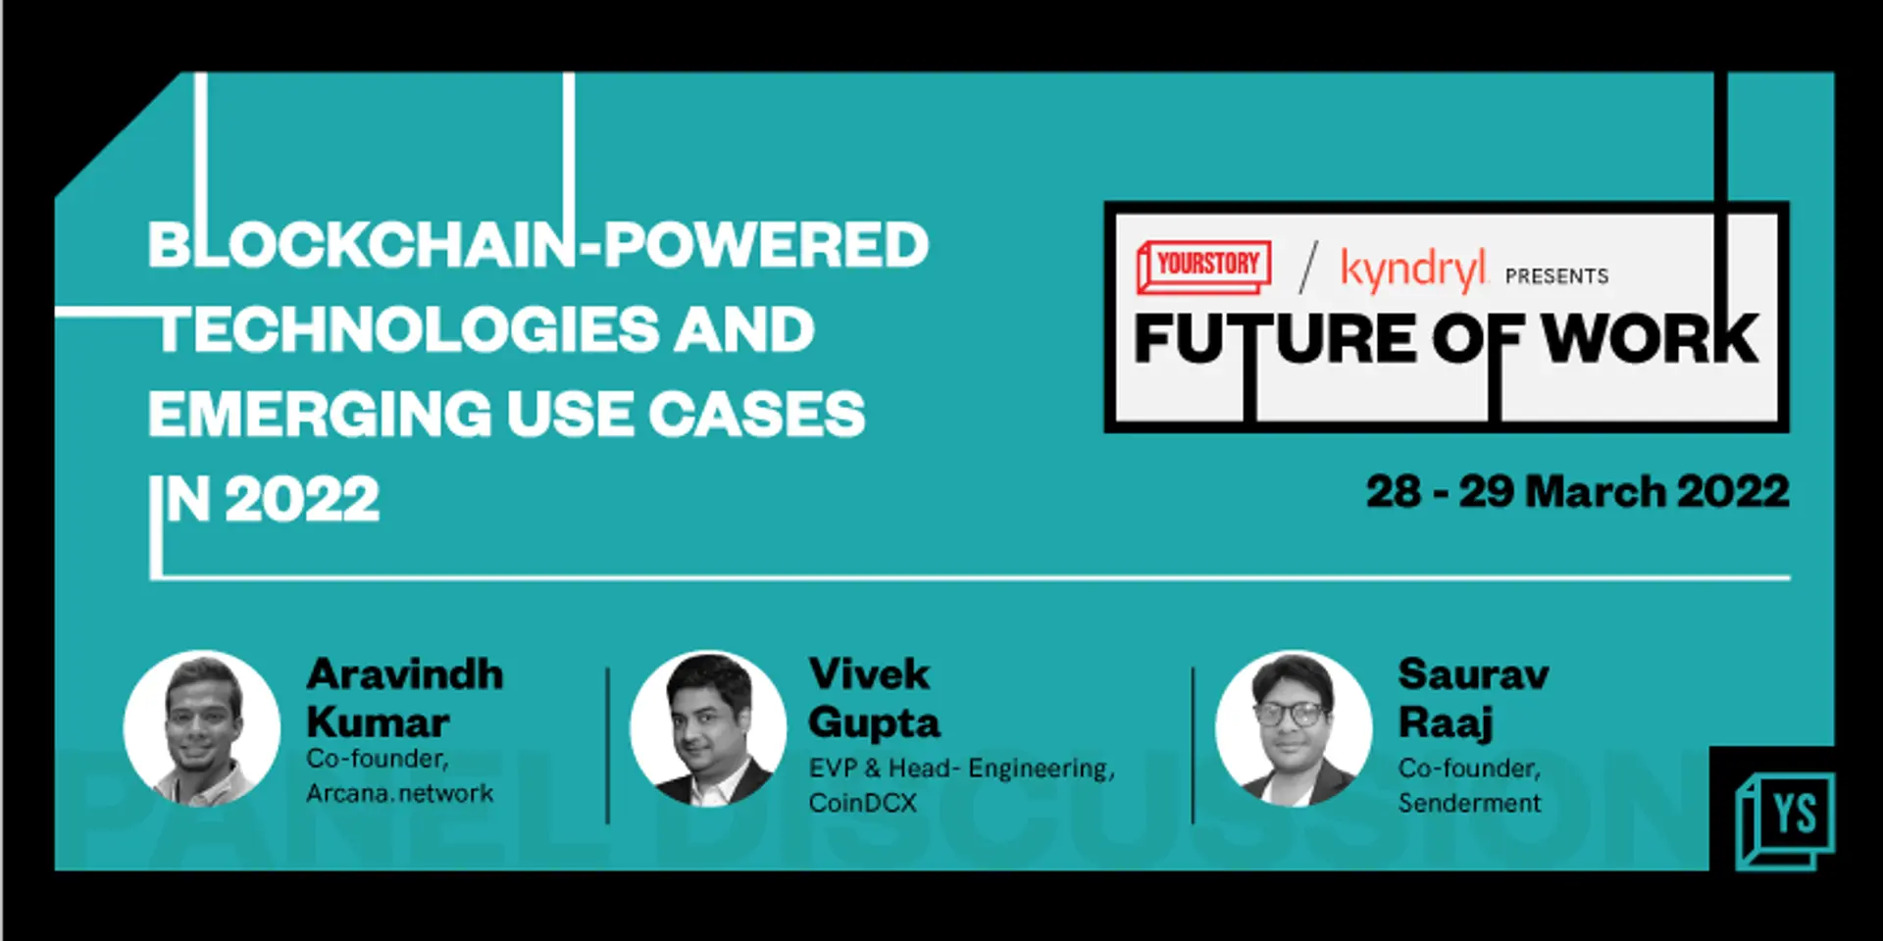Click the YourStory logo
pos(1203,266)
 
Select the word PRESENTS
pos(1556,276)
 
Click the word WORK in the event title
pos(1650,339)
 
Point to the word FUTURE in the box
pos(1275,339)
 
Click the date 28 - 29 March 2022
pos(1577,491)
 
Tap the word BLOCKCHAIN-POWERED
pos(537,244)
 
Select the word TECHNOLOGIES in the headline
pos(408,329)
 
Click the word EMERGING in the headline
pos(320,414)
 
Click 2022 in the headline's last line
pos(301,499)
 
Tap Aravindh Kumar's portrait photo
pos(202,727)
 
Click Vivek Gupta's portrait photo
pos(707,727)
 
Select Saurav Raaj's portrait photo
pos(1293,727)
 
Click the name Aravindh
pos(404,674)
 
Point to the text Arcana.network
pos(399,793)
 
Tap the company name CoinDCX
pos(862,803)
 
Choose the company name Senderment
pos(1469,803)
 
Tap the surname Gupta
pos(873,723)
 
